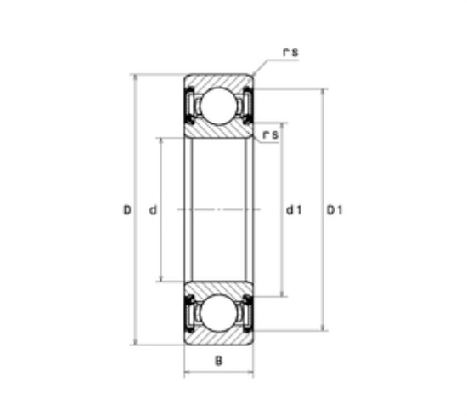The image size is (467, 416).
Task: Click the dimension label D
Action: [x=127, y=210]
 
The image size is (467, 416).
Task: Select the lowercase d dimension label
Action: [x=153, y=210]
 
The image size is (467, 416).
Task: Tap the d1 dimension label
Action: [x=294, y=210]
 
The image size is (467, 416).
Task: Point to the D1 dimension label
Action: [x=335, y=210]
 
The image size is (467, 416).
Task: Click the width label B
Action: [x=218, y=361]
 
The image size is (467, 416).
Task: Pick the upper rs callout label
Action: [x=290, y=53]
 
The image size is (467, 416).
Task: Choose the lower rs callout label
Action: [x=270, y=135]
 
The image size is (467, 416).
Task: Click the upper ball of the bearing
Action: [x=218, y=105]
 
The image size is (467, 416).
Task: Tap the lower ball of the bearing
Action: [x=218, y=313]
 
